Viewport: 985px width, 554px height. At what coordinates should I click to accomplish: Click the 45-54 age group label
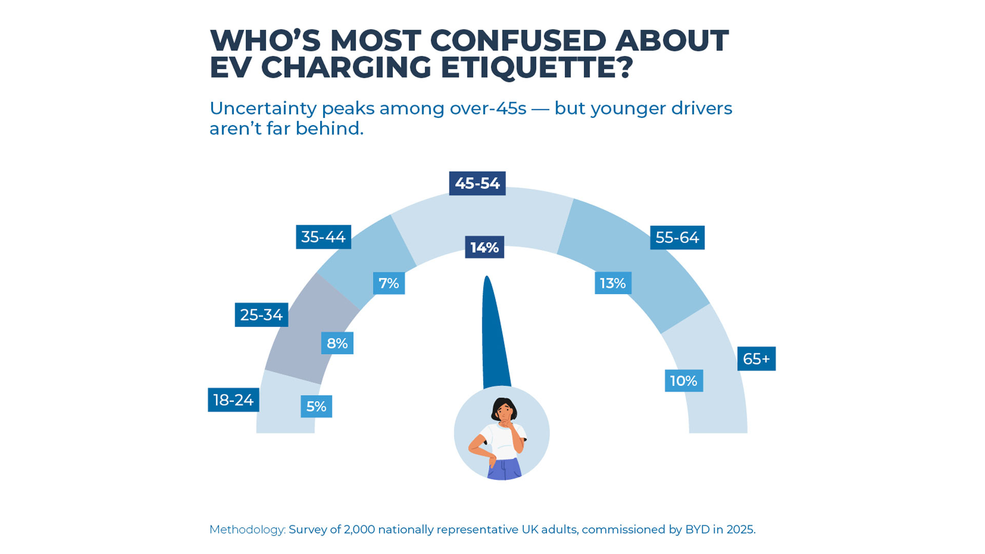point(477,183)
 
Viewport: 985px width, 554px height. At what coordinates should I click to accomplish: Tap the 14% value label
point(484,247)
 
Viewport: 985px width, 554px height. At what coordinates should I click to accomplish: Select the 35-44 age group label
point(323,237)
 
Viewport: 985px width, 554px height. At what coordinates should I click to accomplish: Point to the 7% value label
point(388,283)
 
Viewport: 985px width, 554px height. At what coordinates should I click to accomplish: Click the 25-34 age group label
point(261,314)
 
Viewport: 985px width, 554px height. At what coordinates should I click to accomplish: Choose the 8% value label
point(337,343)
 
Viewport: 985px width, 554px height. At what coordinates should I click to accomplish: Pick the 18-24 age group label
point(233,400)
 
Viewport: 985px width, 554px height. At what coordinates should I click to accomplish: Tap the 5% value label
point(316,406)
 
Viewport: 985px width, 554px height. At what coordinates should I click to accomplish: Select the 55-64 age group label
point(677,238)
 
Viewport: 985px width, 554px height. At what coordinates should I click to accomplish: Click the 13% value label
point(613,283)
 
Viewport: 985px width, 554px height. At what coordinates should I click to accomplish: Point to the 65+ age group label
point(756,359)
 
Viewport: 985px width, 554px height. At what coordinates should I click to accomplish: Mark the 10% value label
point(684,381)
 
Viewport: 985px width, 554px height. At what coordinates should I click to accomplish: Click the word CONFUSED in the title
point(518,41)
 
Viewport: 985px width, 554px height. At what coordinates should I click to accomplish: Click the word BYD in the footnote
point(698,529)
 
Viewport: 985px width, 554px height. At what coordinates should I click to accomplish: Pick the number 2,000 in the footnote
point(359,529)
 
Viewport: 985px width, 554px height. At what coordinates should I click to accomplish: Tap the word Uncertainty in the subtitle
point(263,108)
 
